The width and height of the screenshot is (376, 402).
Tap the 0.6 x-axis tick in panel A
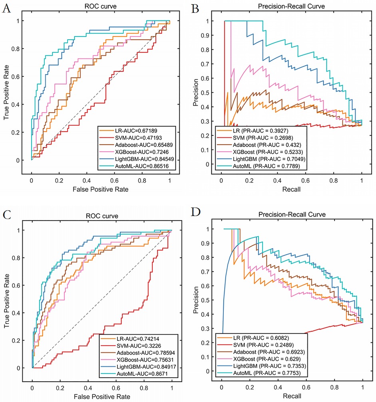point(115,169)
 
